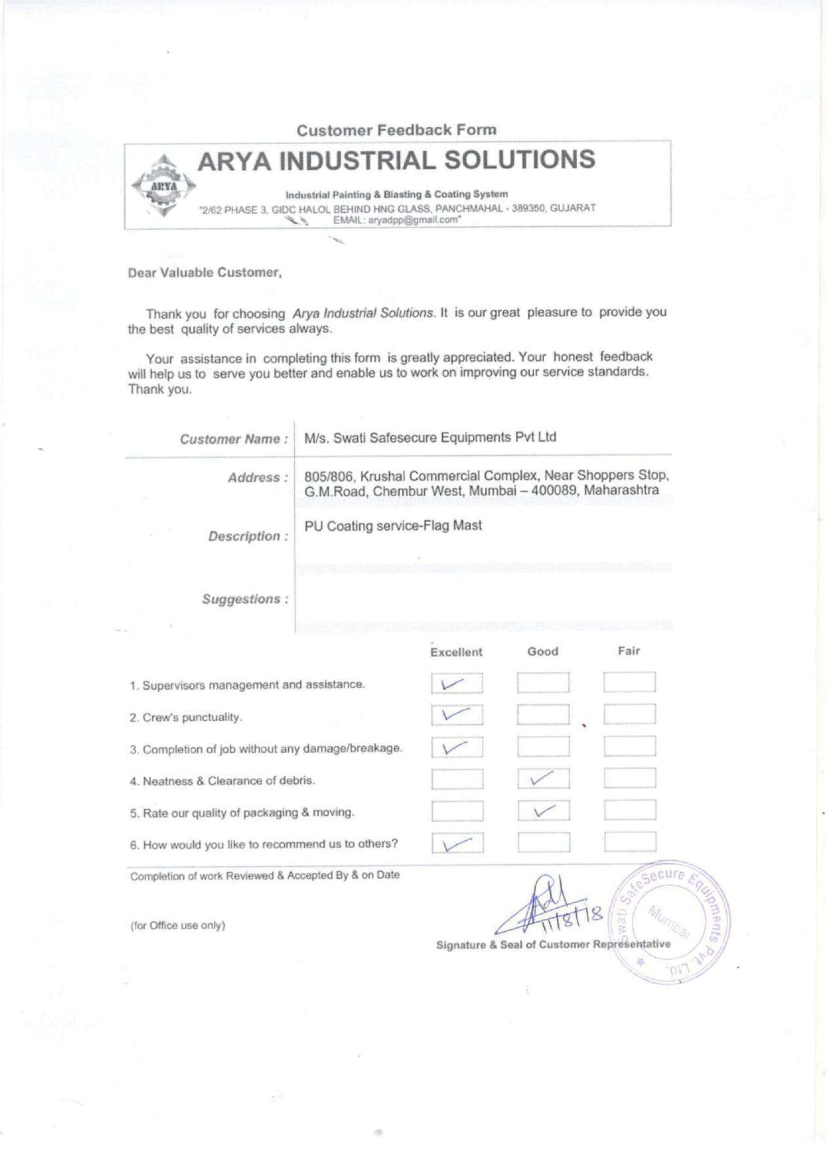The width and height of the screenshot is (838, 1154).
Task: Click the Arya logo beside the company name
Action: click(162, 186)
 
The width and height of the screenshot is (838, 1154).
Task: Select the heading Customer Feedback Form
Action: click(396, 131)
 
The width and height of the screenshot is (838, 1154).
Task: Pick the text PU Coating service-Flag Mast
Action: click(393, 526)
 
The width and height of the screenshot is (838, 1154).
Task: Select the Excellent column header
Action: click(456, 652)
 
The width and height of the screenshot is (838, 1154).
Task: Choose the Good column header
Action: click(542, 652)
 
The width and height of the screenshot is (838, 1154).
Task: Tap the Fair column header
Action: click(629, 651)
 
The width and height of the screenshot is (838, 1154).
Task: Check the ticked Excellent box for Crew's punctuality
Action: click(457, 715)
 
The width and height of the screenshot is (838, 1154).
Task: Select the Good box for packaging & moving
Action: click(544, 811)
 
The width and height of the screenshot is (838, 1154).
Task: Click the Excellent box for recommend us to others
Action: click(457, 843)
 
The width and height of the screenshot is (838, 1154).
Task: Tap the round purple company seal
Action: click(672, 924)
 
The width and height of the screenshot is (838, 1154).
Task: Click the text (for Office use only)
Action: click(178, 925)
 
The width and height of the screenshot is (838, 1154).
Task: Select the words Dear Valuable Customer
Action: click(205, 273)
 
